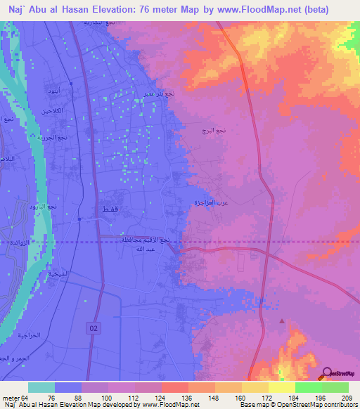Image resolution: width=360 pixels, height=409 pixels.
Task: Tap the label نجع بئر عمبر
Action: pyautogui.click(x=160, y=93)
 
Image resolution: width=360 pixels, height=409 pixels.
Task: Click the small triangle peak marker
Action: pyautogui.click(x=283, y=321)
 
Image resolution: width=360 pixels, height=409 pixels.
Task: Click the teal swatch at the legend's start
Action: pyautogui.click(x=41, y=387)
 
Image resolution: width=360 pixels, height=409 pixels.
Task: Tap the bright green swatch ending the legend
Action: pyautogui.click(x=335, y=387)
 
